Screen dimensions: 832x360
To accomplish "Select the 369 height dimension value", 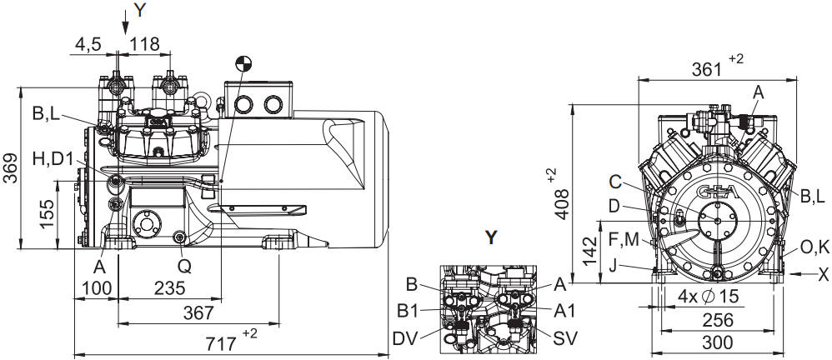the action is [x=10, y=168].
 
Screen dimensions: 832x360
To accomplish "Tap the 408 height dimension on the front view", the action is [x=562, y=204].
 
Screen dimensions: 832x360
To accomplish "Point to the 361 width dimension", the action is [x=708, y=68].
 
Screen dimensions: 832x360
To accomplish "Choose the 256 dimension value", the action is [x=717, y=320].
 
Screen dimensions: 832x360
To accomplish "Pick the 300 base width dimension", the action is [x=717, y=342].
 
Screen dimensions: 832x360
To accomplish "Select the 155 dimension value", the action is [x=48, y=214].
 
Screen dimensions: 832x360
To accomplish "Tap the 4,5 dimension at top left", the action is [x=88, y=44].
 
